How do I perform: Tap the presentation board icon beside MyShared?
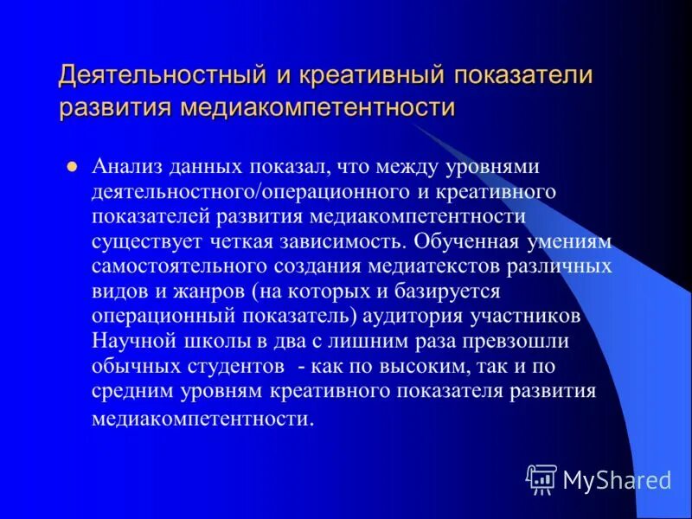pyautogui.click(x=541, y=478)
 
